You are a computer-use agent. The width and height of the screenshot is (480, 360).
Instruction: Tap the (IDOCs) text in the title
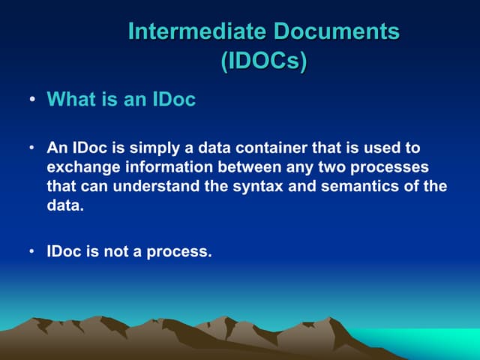263,61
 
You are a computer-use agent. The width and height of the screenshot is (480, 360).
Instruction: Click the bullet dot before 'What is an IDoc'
33,100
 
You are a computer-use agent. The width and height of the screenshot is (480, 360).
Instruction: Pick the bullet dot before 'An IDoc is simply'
33,149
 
